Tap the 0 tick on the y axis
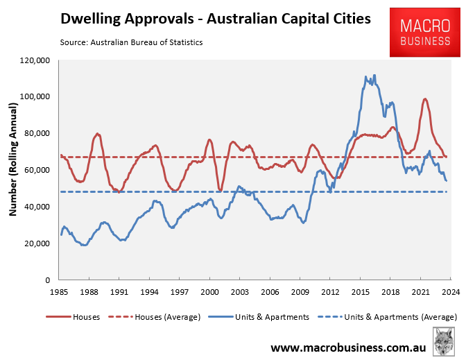46,280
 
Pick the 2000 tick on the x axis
209,292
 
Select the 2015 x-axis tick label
359,292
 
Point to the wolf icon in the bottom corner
445,343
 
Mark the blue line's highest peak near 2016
374,75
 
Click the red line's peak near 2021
424,98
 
